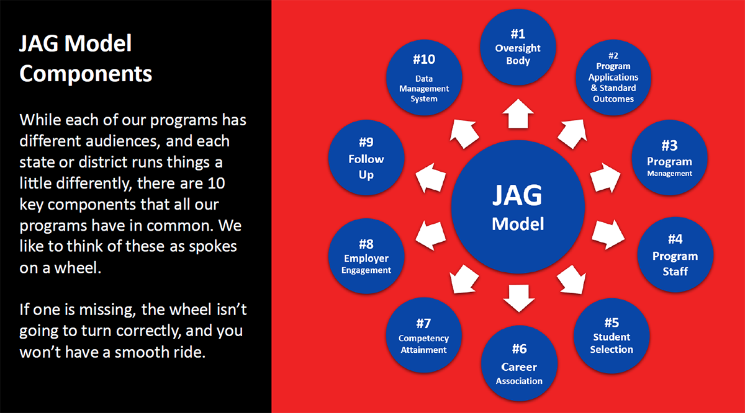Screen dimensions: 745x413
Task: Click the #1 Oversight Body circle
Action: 518,47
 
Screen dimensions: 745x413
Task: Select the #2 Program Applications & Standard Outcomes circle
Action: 613,78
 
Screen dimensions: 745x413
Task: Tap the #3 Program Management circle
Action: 669,158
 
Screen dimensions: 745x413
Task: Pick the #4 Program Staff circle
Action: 675,254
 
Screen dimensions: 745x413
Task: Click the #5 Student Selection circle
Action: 612,335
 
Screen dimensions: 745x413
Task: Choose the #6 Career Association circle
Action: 519,363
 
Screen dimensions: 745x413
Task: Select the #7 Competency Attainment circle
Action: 423,335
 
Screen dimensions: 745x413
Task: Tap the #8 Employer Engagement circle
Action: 366,256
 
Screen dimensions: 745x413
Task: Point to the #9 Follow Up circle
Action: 366,158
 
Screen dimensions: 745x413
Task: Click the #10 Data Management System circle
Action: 424,78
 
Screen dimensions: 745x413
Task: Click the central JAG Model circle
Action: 518,206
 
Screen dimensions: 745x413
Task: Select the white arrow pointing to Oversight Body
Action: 518,114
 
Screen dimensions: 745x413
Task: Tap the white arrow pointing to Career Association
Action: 519,298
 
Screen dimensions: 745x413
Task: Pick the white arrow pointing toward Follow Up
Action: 431,178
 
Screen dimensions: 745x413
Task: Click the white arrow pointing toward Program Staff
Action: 608,234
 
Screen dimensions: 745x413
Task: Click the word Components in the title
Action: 86,74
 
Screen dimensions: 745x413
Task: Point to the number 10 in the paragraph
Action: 216,183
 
